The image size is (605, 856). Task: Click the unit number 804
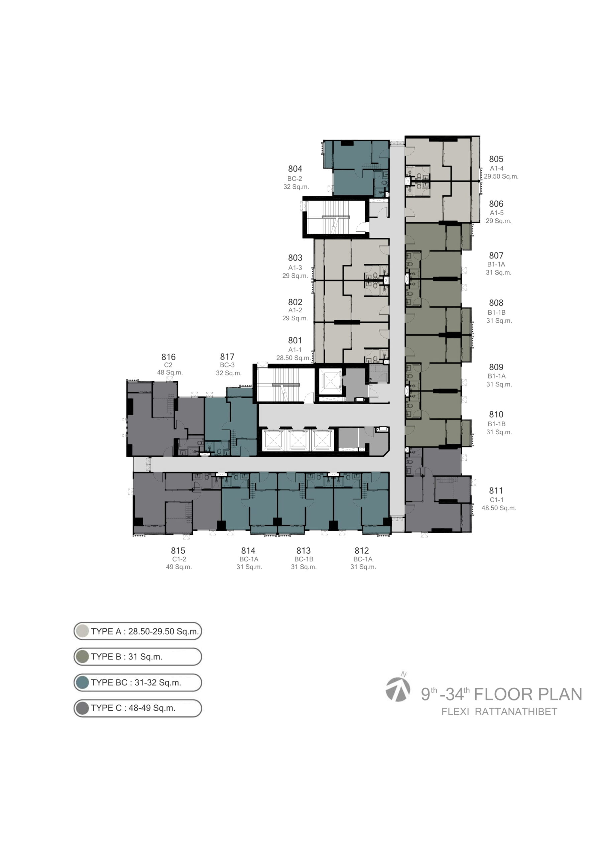pos(295,169)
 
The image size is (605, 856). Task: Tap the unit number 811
pos(496,491)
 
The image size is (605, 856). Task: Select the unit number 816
pos(168,357)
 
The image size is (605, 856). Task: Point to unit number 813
pos(304,551)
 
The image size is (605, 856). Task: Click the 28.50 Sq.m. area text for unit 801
pos(293,358)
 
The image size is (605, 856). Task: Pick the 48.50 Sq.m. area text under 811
pos(499,508)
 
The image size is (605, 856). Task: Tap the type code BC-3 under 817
pos(227,365)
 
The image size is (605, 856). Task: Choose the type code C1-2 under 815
pos(179,559)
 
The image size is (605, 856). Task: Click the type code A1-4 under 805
pos(496,168)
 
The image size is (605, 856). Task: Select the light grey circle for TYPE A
pos(82,631)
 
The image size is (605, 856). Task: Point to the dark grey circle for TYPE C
pos(82,708)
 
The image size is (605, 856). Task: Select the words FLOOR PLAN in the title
pos(528,694)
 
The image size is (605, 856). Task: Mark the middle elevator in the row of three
pos(297,440)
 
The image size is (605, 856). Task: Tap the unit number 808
pos(496,303)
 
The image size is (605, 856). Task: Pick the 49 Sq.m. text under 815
pos(179,567)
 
